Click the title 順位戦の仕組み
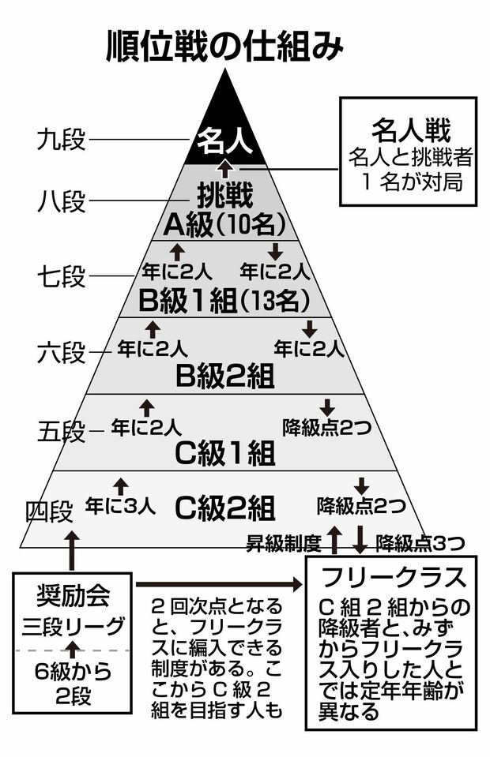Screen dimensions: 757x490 (225, 47)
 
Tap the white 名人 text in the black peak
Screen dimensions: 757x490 (224, 142)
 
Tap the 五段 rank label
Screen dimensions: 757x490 (61, 431)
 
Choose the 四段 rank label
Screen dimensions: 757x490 (49, 511)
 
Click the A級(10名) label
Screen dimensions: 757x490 (224, 225)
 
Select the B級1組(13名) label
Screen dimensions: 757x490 (224, 301)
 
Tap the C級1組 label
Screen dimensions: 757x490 (224, 453)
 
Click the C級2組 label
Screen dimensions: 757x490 (224, 504)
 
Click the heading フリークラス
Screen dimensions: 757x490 (395, 577)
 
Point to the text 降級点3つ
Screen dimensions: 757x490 (419, 543)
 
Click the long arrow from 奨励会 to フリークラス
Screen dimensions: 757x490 (217, 584)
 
